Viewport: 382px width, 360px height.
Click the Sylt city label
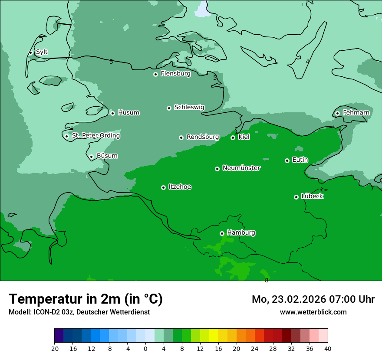pos(42,52)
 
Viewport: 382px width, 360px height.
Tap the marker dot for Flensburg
pos(155,74)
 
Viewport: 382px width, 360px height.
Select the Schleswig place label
pos(189,107)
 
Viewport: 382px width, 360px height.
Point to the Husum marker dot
pos(112,113)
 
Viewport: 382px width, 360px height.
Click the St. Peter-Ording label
pos(95,136)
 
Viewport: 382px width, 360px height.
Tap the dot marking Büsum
pos(91,157)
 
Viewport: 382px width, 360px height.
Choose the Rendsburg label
pos(203,137)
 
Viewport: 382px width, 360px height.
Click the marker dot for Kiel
pos(233,137)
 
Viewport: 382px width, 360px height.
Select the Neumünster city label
pos(241,168)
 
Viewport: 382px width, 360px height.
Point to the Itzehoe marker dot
pos(163,187)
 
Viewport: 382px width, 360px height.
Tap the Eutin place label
pos(300,160)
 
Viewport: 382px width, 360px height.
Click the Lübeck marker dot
pos(296,197)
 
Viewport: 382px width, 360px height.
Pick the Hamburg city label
pos(241,232)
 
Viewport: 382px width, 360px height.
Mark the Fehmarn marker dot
pos(337,113)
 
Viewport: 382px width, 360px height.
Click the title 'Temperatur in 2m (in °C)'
pos(86,299)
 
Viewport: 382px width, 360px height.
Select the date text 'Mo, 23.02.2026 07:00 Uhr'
pos(313,299)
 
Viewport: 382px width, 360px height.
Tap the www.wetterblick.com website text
pos(313,312)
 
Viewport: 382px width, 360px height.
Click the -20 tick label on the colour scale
pos(54,348)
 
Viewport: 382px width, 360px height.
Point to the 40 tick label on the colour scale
pos(327,348)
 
